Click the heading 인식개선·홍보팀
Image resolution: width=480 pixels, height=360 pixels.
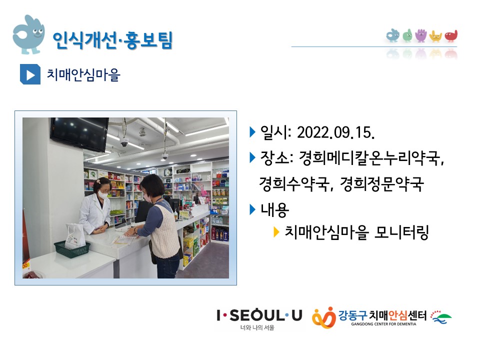click(112, 40)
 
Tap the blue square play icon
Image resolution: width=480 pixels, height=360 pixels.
click(30, 74)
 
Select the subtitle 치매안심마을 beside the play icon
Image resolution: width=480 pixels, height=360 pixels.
click(83, 74)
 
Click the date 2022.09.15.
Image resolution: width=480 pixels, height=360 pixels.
click(336, 132)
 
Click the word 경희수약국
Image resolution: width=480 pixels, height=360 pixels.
click(294, 184)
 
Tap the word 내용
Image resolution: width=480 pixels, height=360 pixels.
click(274, 210)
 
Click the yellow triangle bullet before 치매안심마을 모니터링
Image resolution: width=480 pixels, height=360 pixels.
click(276, 232)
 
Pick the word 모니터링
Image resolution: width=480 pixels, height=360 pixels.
click(401, 232)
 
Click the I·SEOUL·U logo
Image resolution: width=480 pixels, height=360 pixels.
click(259, 319)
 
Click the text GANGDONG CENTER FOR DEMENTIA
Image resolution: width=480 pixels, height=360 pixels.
click(383, 324)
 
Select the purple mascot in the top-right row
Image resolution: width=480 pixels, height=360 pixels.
click(421, 35)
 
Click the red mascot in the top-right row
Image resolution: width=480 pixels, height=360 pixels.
click(451, 36)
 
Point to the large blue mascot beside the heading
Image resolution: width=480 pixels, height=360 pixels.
click(29, 34)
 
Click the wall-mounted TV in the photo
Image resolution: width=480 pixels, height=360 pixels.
click(79, 134)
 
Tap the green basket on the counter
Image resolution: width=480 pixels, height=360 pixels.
click(72, 249)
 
